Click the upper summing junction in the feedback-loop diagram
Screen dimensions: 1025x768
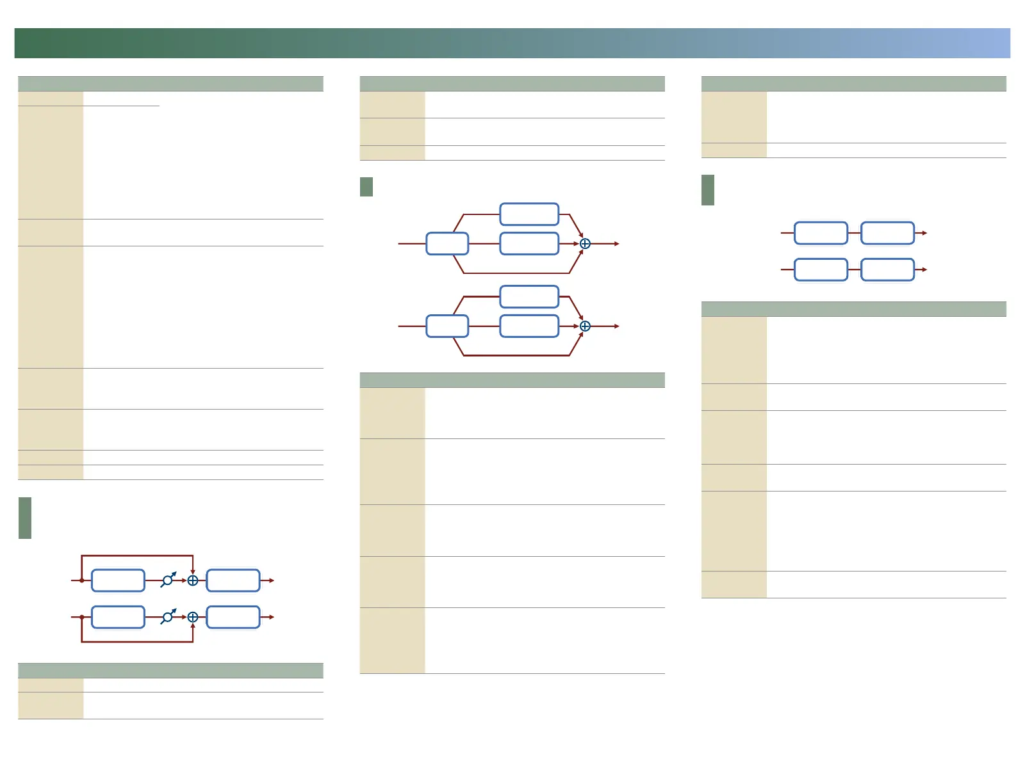[193, 580]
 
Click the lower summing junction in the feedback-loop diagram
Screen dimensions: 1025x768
[193, 617]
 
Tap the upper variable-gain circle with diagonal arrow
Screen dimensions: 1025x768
[168, 580]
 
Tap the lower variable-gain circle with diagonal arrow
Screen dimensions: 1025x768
[168, 617]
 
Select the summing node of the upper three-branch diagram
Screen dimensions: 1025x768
[585, 244]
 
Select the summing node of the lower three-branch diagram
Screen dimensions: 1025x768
[585, 326]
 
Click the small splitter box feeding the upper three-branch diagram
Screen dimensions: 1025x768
[447, 244]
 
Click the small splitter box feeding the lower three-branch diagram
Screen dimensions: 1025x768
[447, 326]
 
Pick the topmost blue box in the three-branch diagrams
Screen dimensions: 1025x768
[529, 214]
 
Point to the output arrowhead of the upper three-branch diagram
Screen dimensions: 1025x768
[617, 244]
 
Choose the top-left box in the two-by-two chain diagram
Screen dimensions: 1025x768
[821, 233]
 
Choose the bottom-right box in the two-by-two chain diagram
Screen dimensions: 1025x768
[887, 269]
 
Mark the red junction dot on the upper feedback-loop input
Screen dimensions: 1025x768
[82, 580]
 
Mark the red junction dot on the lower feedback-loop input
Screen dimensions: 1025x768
[82, 617]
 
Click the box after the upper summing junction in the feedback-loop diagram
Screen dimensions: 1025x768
[233, 580]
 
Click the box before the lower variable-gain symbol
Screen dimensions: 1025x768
[119, 617]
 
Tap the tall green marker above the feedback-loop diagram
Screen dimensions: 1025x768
[25, 518]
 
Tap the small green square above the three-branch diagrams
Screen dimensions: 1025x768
[366, 187]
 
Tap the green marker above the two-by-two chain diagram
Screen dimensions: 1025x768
[708, 190]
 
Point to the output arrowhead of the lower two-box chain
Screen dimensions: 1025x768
[924, 269]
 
